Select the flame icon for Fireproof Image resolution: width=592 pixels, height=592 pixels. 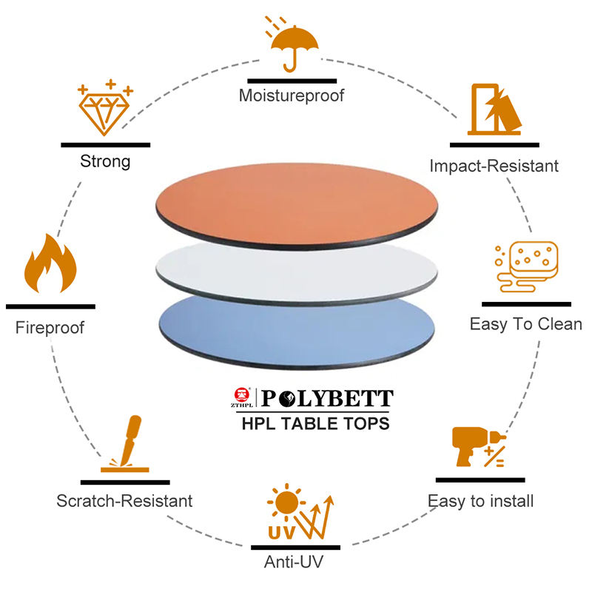pyautogui.click(x=50, y=265)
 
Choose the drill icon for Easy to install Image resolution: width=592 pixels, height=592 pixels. pyautogui.click(x=477, y=447)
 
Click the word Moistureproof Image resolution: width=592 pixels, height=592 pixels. pyautogui.click(x=292, y=95)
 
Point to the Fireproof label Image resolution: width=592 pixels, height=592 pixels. pyautogui.click(x=50, y=327)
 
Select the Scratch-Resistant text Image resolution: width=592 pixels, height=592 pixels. pyautogui.click(x=124, y=501)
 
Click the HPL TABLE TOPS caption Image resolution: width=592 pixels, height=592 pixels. pyautogui.click(x=315, y=424)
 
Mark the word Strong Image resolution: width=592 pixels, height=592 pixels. pyautogui.click(x=105, y=161)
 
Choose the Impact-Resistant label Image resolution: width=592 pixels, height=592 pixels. pyautogui.click(x=494, y=166)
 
